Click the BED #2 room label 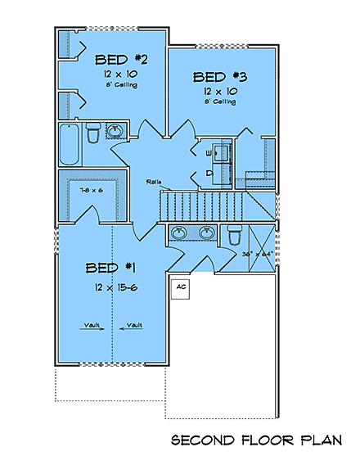point(120,59)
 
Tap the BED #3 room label point(218,77)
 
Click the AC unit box point(182,287)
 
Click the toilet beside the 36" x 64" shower point(233,235)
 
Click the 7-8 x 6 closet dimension point(91,190)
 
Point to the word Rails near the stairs point(154,182)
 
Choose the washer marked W point(209,153)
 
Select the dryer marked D point(209,173)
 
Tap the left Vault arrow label point(92,325)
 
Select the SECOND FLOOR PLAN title point(255,441)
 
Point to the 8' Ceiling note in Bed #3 point(219,102)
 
